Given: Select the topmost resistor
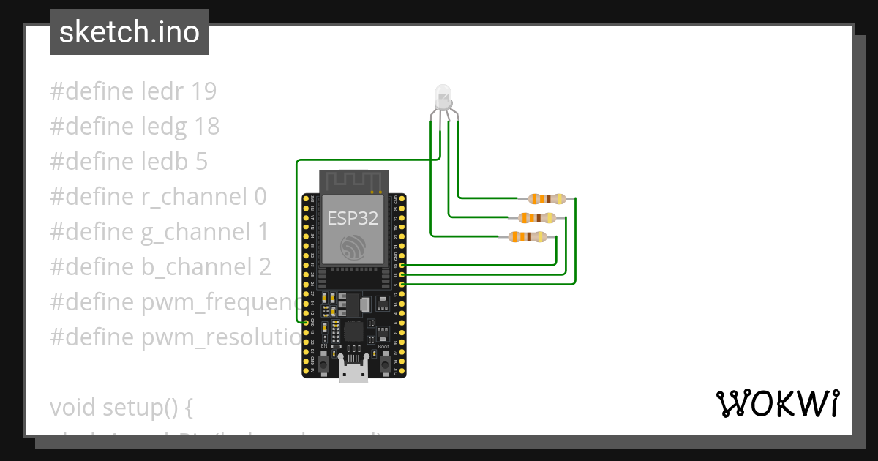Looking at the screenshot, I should pyautogui.click(x=547, y=198).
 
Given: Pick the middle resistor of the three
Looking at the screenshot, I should pyautogui.click(x=536, y=217).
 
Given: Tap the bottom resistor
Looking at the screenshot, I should pyautogui.click(x=526, y=236).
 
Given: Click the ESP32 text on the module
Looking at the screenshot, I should pyautogui.click(x=353, y=218).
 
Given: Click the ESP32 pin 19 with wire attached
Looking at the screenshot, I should pyautogui.click(x=402, y=266).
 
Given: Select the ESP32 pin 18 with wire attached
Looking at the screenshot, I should pyautogui.click(x=402, y=274).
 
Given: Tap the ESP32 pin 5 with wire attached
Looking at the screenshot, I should pyautogui.click(x=402, y=283).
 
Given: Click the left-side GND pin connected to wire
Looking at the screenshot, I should pyautogui.click(x=306, y=322).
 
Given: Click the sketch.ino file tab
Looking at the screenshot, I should pyautogui.click(x=130, y=32).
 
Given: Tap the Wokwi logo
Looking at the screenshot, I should pyautogui.click(x=777, y=403).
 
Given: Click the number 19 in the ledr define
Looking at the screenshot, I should pyautogui.click(x=203, y=91).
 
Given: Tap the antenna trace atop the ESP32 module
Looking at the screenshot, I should pyautogui.click(x=353, y=180).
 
